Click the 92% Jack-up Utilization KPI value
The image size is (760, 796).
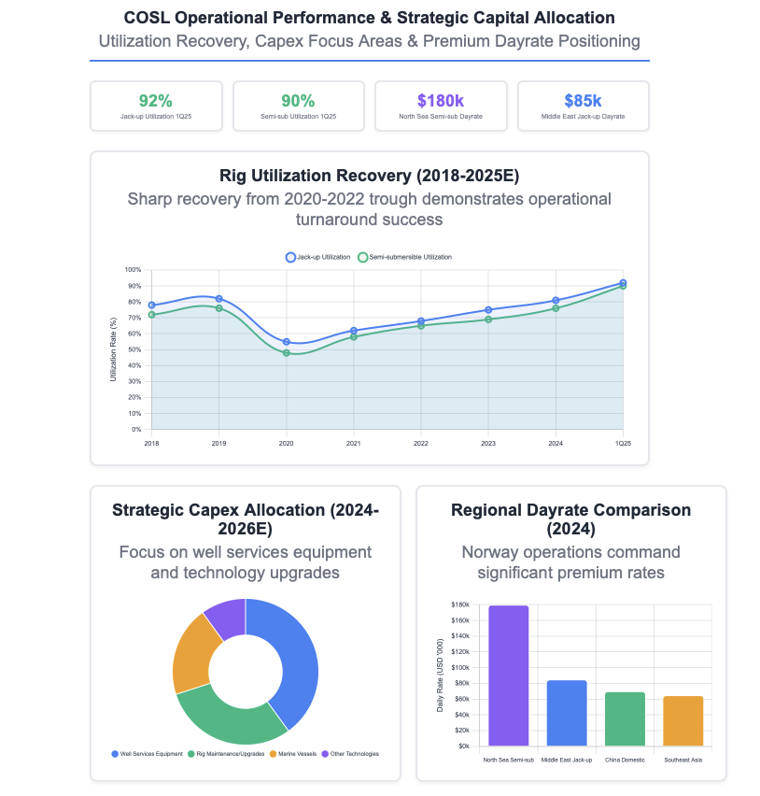pos(156,101)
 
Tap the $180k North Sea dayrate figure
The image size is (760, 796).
pos(441,101)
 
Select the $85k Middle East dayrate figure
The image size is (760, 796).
pos(583,101)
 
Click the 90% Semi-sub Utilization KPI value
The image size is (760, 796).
pos(298,101)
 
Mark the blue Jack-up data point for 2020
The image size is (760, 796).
pos(287,342)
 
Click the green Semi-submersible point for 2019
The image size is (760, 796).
pos(219,308)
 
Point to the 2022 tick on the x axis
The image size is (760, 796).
pos(421,443)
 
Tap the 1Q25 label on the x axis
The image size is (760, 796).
pos(623,443)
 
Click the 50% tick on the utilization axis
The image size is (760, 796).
pos(135,350)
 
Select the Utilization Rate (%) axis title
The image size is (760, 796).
pos(113,349)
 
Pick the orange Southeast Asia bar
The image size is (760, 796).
pos(683,720)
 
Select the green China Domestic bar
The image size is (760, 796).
pos(626,718)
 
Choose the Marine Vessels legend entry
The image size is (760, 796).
pos(296,754)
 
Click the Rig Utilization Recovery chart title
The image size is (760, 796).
pos(369,176)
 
